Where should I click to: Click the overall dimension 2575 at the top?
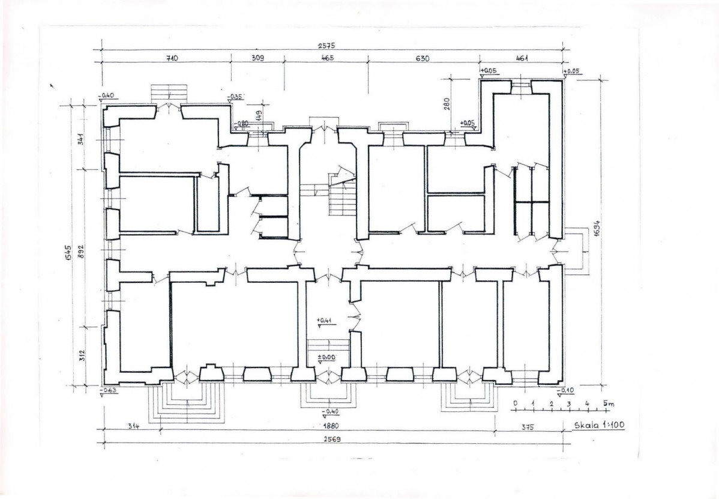[x=326, y=46]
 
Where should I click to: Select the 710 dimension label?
[x=172, y=58]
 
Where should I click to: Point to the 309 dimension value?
[x=258, y=58]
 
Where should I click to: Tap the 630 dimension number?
[x=423, y=58]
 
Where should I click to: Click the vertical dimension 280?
[x=447, y=104]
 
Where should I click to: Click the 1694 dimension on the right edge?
[x=597, y=228]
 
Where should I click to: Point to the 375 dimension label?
[x=528, y=427]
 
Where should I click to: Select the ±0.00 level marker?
[x=327, y=356]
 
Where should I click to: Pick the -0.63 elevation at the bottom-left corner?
[x=109, y=390]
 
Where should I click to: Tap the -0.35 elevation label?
[x=236, y=97]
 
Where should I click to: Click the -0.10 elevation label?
[x=565, y=390]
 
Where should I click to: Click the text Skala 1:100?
[x=600, y=425]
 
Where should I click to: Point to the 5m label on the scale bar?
[x=609, y=404]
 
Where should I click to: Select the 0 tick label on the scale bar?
[x=516, y=403]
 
